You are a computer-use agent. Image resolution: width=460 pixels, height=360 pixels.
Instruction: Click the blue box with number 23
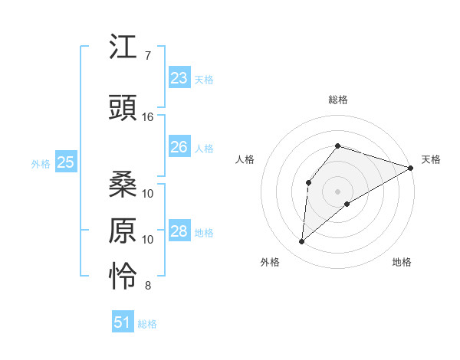[x=179, y=78]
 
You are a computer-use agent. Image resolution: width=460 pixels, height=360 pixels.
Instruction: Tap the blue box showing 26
[x=179, y=147]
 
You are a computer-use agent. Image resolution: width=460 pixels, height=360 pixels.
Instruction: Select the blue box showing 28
[x=179, y=231]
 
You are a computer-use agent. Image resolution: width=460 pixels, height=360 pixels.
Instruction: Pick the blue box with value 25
[x=66, y=162]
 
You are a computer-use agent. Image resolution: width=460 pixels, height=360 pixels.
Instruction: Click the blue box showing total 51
[x=123, y=322]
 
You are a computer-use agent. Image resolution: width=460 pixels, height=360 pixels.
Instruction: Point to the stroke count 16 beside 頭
[x=148, y=117]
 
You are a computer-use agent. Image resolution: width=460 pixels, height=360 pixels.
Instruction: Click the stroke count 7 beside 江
[x=147, y=56]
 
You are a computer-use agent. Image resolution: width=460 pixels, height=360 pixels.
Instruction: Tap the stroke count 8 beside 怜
[x=147, y=286]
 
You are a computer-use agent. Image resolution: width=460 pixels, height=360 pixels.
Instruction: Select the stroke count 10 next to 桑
[x=148, y=193]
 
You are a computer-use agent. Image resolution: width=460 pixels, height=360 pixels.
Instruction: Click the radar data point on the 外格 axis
[x=302, y=242]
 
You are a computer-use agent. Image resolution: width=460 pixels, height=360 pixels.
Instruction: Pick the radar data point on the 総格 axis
[x=337, y=146]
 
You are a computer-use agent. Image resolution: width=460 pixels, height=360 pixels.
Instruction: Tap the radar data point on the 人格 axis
[x=308, y=182]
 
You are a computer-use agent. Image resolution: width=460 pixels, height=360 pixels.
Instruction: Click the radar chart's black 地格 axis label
[x=402, y=262]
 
